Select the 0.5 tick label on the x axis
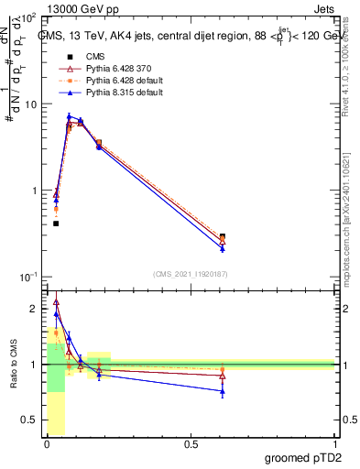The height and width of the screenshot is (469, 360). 191,444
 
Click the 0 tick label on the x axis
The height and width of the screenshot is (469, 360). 47,444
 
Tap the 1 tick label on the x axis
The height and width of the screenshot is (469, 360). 334,444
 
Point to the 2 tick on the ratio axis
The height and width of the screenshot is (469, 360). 33,309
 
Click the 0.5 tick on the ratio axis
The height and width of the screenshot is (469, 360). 29,420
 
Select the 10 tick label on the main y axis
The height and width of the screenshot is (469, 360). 28,104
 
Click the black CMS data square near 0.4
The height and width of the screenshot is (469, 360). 56,224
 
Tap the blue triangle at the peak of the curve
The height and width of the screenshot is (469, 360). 69,116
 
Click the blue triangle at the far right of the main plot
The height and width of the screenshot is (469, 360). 223,248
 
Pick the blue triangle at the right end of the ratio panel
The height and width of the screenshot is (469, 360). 223,391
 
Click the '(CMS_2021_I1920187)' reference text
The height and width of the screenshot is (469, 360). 191,273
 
